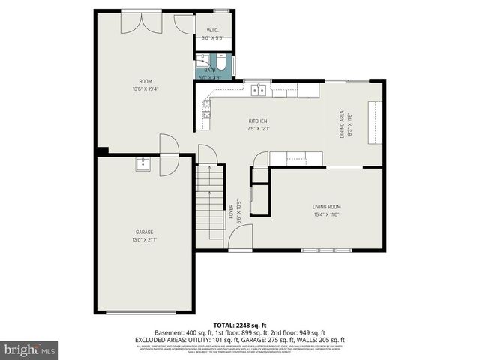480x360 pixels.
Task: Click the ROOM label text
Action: (145, 81)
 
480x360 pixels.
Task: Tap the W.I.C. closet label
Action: (212, 31)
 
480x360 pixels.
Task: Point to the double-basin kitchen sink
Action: (258, 91)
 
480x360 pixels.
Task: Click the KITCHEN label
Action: (258, 121)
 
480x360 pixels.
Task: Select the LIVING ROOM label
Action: (326, 207)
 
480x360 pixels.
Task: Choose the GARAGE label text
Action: (145, 233)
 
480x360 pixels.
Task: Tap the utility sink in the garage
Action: (142, 165)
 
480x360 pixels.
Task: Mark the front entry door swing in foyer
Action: (240, 238)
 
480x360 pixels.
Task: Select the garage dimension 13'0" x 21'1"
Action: (145, 240)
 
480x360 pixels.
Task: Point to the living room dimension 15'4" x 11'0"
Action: (326, 214)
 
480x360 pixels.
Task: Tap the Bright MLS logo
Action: (29, 349)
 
